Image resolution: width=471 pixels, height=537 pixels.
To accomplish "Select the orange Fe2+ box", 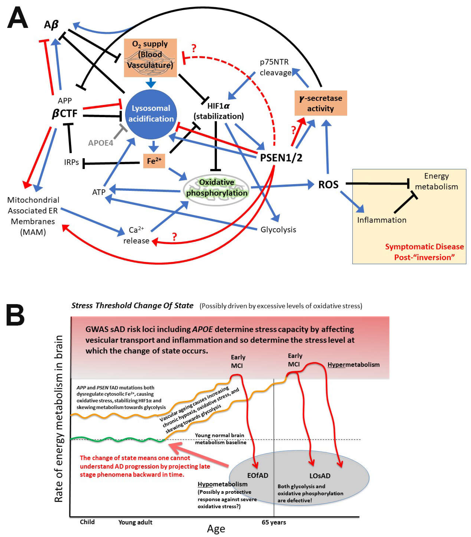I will click(154, 161).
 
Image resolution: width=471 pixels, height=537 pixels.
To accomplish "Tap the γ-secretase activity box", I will click(320, 103).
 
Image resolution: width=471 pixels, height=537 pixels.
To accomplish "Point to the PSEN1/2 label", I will click(281, 158).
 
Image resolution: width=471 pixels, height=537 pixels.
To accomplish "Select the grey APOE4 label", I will click(101, 143).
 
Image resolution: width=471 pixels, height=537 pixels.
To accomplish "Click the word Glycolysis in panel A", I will click(278, 230).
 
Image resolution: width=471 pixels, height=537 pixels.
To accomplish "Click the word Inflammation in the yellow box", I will click(381, 220).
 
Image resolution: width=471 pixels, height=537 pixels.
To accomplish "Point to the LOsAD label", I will click(320, 476).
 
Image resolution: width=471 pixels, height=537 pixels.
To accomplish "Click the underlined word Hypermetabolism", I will click(353, 365).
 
